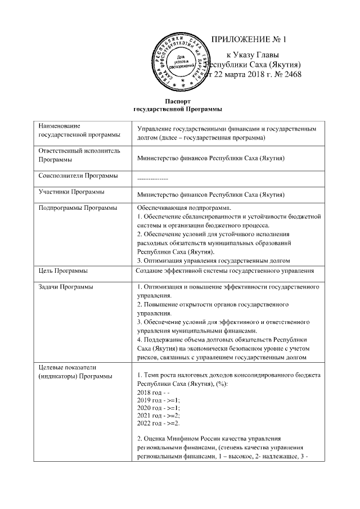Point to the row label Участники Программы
[x=71, y=192]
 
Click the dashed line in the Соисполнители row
[x=152, y=178]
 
